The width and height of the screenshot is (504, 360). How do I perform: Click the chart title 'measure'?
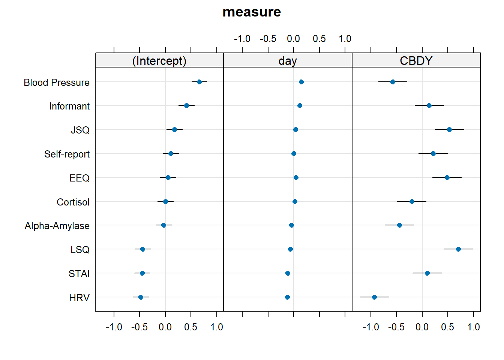tap(252, 12)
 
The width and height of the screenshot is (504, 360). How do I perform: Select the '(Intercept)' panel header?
tap(159, 61)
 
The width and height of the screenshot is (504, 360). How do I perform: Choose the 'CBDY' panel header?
tap(416, 61)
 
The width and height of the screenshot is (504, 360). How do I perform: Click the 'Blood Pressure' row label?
tap(57, 82)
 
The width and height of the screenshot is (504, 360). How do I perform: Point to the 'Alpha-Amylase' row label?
tap(57, 226)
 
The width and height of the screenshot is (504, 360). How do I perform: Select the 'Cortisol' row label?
tap(73, 202)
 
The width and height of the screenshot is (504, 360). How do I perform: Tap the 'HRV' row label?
tap(79, 298)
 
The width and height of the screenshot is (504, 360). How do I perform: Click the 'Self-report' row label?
tap(67, 154)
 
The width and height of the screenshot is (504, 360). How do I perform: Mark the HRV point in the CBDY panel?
tap(374, 297)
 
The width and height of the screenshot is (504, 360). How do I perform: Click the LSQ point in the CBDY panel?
tap(458, 249)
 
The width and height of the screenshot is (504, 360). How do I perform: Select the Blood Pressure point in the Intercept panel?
tap(199, 82)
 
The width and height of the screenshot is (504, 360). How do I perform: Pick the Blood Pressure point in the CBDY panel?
tap(393, 82)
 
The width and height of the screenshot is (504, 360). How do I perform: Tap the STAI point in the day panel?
tap(288, 273)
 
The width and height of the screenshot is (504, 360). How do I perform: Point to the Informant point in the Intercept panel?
tap(186, 105)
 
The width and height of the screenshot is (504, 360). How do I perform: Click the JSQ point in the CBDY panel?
tap(449, 130)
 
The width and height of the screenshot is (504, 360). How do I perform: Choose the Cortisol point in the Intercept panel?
tap(165, 202)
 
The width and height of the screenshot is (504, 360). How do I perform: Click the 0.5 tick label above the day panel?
tap(319, 39)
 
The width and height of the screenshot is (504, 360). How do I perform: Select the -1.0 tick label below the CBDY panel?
tap(371, 327)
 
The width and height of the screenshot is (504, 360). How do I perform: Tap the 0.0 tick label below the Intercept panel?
tap(165, 327)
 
